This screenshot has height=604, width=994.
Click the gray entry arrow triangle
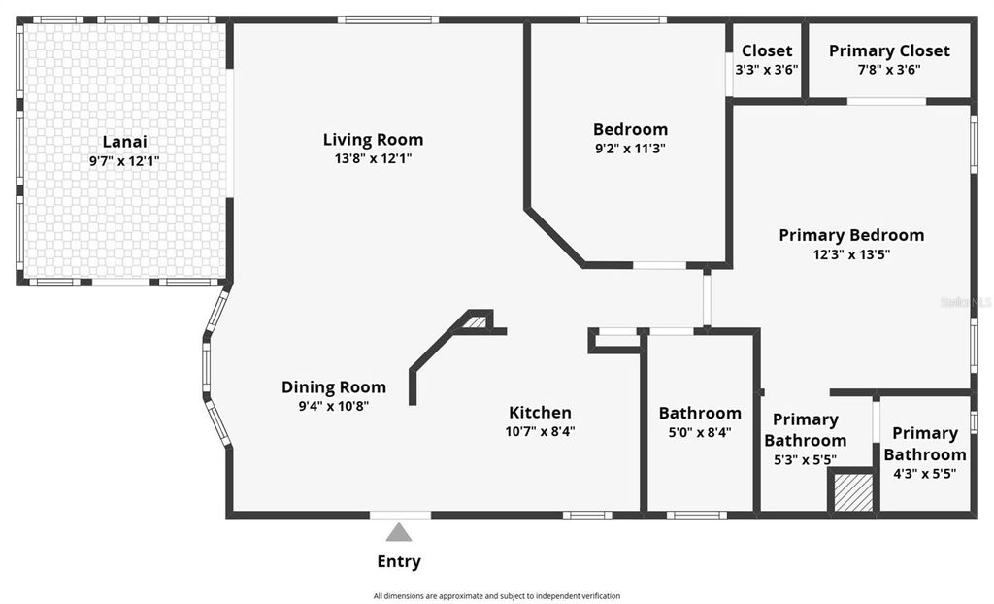point(399,532)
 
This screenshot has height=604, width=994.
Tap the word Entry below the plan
point(399,561)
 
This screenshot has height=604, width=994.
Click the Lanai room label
point(124,142)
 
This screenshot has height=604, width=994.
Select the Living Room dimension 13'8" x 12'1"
point(374,158)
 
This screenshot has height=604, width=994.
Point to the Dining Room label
point(334,386)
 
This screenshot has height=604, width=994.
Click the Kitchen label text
point(540,412)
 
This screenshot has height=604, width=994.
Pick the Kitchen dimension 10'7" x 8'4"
point(540,431)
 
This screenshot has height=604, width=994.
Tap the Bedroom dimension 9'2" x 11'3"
point(630,149)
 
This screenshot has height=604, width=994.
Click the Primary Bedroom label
point(851,235)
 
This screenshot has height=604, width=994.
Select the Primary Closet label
point(889,50)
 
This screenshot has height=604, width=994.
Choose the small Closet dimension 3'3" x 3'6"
point(767,70)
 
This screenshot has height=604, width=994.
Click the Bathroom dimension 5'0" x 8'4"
point(700,432)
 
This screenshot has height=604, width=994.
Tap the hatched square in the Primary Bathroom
point(854,491)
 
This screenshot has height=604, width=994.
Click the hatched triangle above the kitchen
point(474,322)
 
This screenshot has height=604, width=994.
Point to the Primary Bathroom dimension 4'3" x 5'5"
point(925,474)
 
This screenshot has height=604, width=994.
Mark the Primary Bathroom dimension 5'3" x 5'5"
point(805,460)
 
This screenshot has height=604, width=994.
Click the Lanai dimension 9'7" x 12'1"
point(124,161)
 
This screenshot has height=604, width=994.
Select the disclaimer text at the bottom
point(497,595)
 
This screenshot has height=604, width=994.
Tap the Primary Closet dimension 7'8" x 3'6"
point(889,70)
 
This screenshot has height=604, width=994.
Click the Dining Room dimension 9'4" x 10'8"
point(334,406)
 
